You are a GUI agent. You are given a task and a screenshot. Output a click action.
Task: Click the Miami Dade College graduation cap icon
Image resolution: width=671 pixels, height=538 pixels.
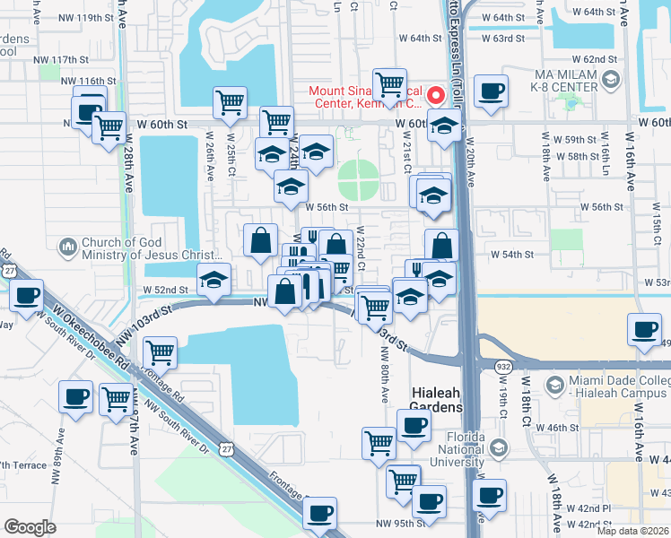click(x=554, y=386)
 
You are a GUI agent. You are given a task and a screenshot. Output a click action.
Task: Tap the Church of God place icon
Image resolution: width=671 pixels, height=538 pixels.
click(x=68, y=247)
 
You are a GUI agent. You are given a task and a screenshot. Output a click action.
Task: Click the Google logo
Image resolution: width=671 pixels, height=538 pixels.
click(x=30, y=527)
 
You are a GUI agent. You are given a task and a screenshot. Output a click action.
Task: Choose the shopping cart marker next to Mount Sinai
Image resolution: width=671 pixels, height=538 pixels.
click(x=389, y=85)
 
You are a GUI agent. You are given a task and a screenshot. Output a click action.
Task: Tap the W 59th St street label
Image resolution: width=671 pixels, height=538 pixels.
click(x=576, y=140)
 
